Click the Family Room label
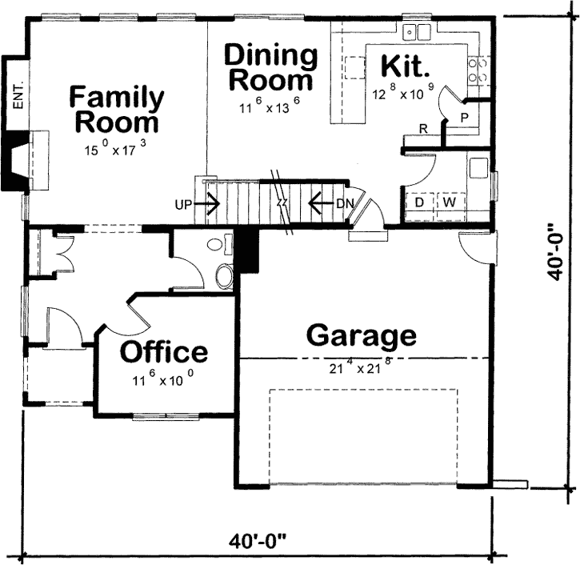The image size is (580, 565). [117, 110]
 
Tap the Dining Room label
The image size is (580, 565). [270, 68]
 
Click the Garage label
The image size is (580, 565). [361, 335]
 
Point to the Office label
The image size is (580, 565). [164, 352]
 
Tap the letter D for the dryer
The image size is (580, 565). [418, 202]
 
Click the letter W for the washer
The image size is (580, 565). [450, 202]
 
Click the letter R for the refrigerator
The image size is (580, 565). [422, 129]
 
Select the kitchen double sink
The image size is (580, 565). [415, 33]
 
